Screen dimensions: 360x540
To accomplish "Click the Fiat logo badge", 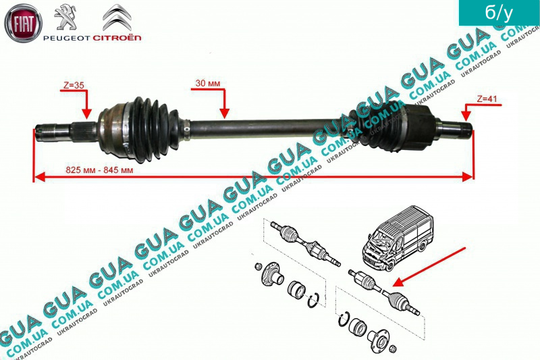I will [24, 24].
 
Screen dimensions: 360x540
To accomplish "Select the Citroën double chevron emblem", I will [121, 16].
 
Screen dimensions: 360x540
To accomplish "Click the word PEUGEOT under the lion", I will [65, 37].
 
